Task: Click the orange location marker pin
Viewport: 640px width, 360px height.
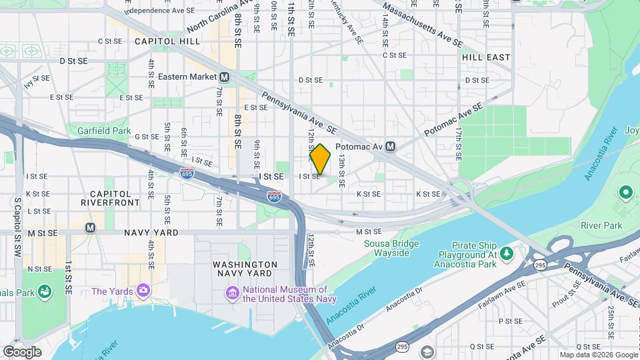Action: tap(320, 159)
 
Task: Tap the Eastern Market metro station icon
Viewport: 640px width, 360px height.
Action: tap(225, 77)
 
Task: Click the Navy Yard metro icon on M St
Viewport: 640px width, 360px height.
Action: tap(90, 228)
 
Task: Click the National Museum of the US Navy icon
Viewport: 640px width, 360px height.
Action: tap(232, 293)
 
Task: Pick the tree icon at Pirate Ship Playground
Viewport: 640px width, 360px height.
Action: tap(507, 253)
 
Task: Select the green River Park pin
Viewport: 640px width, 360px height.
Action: tap(625, 193)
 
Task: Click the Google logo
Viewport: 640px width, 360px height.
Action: tap(22, 351)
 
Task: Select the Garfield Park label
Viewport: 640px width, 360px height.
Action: tap(103, 131)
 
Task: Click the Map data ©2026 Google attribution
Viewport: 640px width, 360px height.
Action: tap(598, 355)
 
